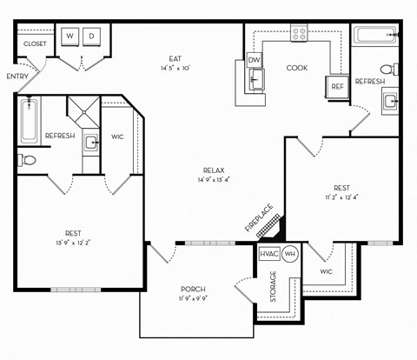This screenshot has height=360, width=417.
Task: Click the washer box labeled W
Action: [70, 37]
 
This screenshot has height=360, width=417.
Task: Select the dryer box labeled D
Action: [92, 37]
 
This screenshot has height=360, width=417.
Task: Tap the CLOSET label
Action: [35, 43]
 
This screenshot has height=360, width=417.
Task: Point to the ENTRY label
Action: [17, 77]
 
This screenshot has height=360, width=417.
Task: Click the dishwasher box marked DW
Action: [254, 60]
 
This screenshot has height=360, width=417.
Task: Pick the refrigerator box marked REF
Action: [337, 86]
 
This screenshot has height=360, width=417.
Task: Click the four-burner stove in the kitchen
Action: [299, 34]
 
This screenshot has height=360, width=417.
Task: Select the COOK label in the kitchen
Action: [297, 68]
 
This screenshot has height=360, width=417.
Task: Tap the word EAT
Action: [175, 58]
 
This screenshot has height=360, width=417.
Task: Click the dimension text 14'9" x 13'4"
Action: [211, 180]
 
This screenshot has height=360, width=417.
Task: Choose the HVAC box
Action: [268, 254]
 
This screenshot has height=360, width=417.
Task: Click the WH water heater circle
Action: [290, 254]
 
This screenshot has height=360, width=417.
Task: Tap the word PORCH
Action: [192, 289]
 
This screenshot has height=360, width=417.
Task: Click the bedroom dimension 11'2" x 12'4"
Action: [341, 197]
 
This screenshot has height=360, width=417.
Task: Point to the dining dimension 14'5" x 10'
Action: [175, 68]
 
